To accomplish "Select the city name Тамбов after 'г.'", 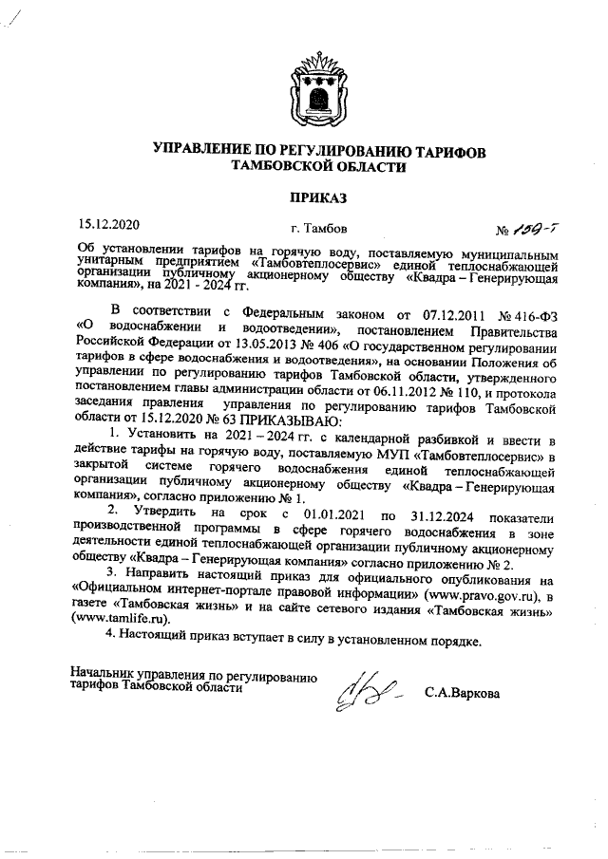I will [328, 229].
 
